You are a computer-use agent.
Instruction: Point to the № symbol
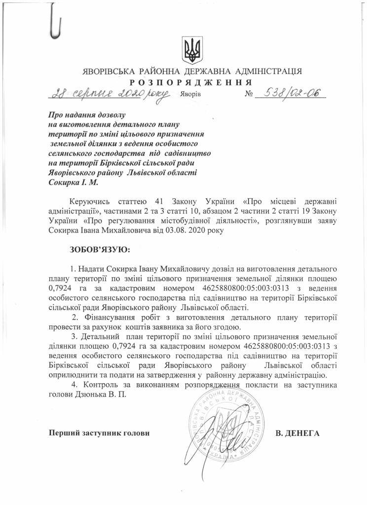tap(249, 94)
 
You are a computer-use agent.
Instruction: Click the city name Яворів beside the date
tap(191, 94)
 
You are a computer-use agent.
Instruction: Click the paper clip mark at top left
tap(58, 22)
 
